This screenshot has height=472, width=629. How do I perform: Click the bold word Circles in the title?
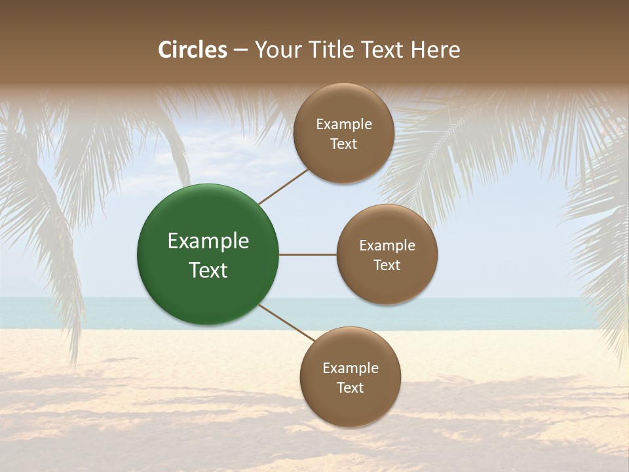[x=193, y=50]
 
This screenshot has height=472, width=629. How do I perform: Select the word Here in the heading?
[x=436, y=50]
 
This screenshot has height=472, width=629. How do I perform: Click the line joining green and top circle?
[x=284, y=186]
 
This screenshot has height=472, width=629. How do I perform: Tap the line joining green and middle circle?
[x=307, y=254]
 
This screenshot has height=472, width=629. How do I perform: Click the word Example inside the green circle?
[x=208, y=241]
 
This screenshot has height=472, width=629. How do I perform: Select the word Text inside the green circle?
[x=208, y=270]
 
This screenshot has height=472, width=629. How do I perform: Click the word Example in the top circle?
[x=344, y=125]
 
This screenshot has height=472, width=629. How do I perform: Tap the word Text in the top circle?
[x=343, y=144]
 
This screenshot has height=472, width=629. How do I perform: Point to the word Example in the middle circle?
[x=387, y=246]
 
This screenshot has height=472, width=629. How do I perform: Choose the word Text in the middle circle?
[x=387, y=265]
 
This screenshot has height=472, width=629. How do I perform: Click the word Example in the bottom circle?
[x=351, y=368]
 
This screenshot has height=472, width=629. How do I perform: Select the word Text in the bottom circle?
[x=350, y=388]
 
